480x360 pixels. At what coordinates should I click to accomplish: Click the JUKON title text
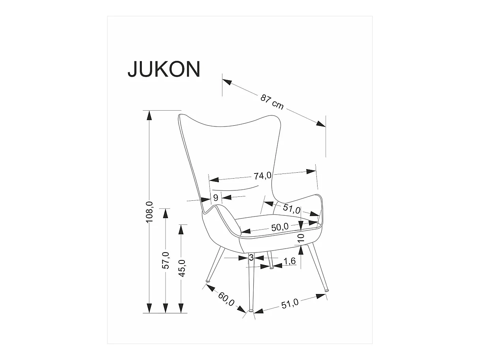pos(164,69)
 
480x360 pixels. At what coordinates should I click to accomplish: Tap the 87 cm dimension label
pos(272,102)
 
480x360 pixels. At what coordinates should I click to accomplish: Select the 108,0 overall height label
pos(150,212)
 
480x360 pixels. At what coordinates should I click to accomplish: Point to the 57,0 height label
pos(166,260)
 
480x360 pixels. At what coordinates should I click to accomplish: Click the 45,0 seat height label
pos(181,268)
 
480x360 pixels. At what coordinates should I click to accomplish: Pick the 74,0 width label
pos(263,175)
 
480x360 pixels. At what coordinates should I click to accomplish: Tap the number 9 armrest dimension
pos(216,198)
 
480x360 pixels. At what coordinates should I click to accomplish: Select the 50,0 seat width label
pos(280,228)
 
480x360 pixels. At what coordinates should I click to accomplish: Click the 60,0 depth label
pos(226,299)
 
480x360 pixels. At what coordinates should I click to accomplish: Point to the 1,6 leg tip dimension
pos(290,261)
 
